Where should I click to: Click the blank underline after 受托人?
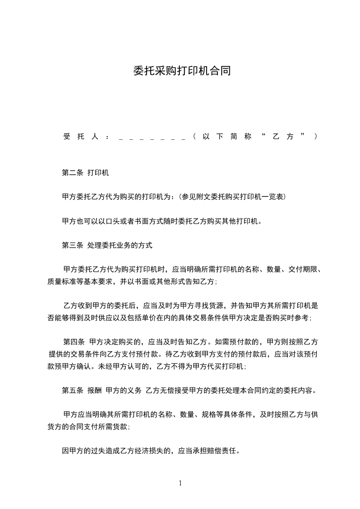pos(152,137)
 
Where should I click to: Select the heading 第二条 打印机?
pos(85,173)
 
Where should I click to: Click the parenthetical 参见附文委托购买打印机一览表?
pos(232,196)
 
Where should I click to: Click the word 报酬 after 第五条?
pos(94,390)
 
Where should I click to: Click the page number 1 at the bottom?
pos(180,483)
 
